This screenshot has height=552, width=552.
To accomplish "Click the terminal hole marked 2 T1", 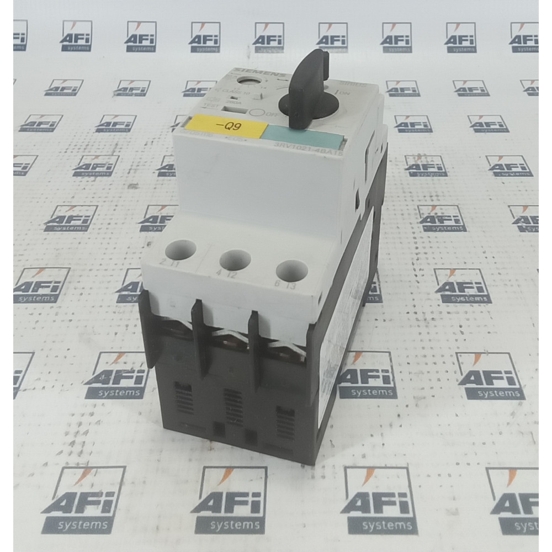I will [185, 250].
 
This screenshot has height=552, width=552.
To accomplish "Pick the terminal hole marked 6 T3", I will [291, 271].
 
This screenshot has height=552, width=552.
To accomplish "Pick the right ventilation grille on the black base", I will [285, 422].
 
